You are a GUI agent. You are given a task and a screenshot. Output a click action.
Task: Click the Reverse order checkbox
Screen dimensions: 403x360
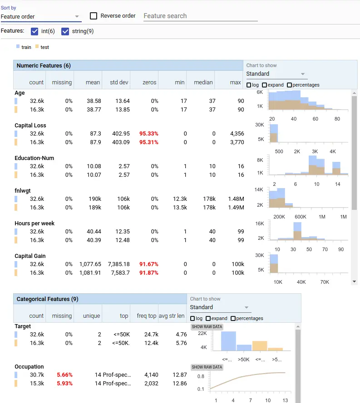pos(94,16)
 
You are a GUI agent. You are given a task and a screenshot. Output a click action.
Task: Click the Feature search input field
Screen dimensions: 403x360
pos(200,16)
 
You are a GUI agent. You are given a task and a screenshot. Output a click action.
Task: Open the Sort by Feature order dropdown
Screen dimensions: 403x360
pos(41,17)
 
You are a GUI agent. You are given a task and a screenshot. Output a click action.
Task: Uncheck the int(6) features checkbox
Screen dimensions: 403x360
pos(35,31)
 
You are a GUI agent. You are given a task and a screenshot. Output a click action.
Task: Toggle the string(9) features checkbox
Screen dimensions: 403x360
pos(65,31)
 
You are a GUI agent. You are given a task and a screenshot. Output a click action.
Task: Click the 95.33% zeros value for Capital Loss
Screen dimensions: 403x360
pos(149,134)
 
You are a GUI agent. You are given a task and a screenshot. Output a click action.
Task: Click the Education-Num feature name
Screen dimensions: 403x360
pos(35,158)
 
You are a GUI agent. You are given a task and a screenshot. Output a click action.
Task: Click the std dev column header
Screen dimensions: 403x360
pos(120,83)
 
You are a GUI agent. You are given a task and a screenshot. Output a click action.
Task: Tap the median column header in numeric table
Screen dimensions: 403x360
pos(203,83)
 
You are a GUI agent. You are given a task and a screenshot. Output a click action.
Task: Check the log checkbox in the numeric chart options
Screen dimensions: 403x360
pos(249,85)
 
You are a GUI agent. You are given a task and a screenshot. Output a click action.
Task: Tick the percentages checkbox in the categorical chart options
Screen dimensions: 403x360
pos(233,318)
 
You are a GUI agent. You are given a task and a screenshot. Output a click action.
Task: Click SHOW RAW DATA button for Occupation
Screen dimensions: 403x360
pos(207,367)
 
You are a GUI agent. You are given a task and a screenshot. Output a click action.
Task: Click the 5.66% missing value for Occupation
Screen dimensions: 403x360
pos(64,375)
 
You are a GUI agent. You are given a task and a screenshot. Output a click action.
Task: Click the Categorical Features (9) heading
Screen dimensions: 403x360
pos(47,299)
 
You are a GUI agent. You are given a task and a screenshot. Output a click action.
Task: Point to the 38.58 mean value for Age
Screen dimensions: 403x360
pos(94,101)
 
